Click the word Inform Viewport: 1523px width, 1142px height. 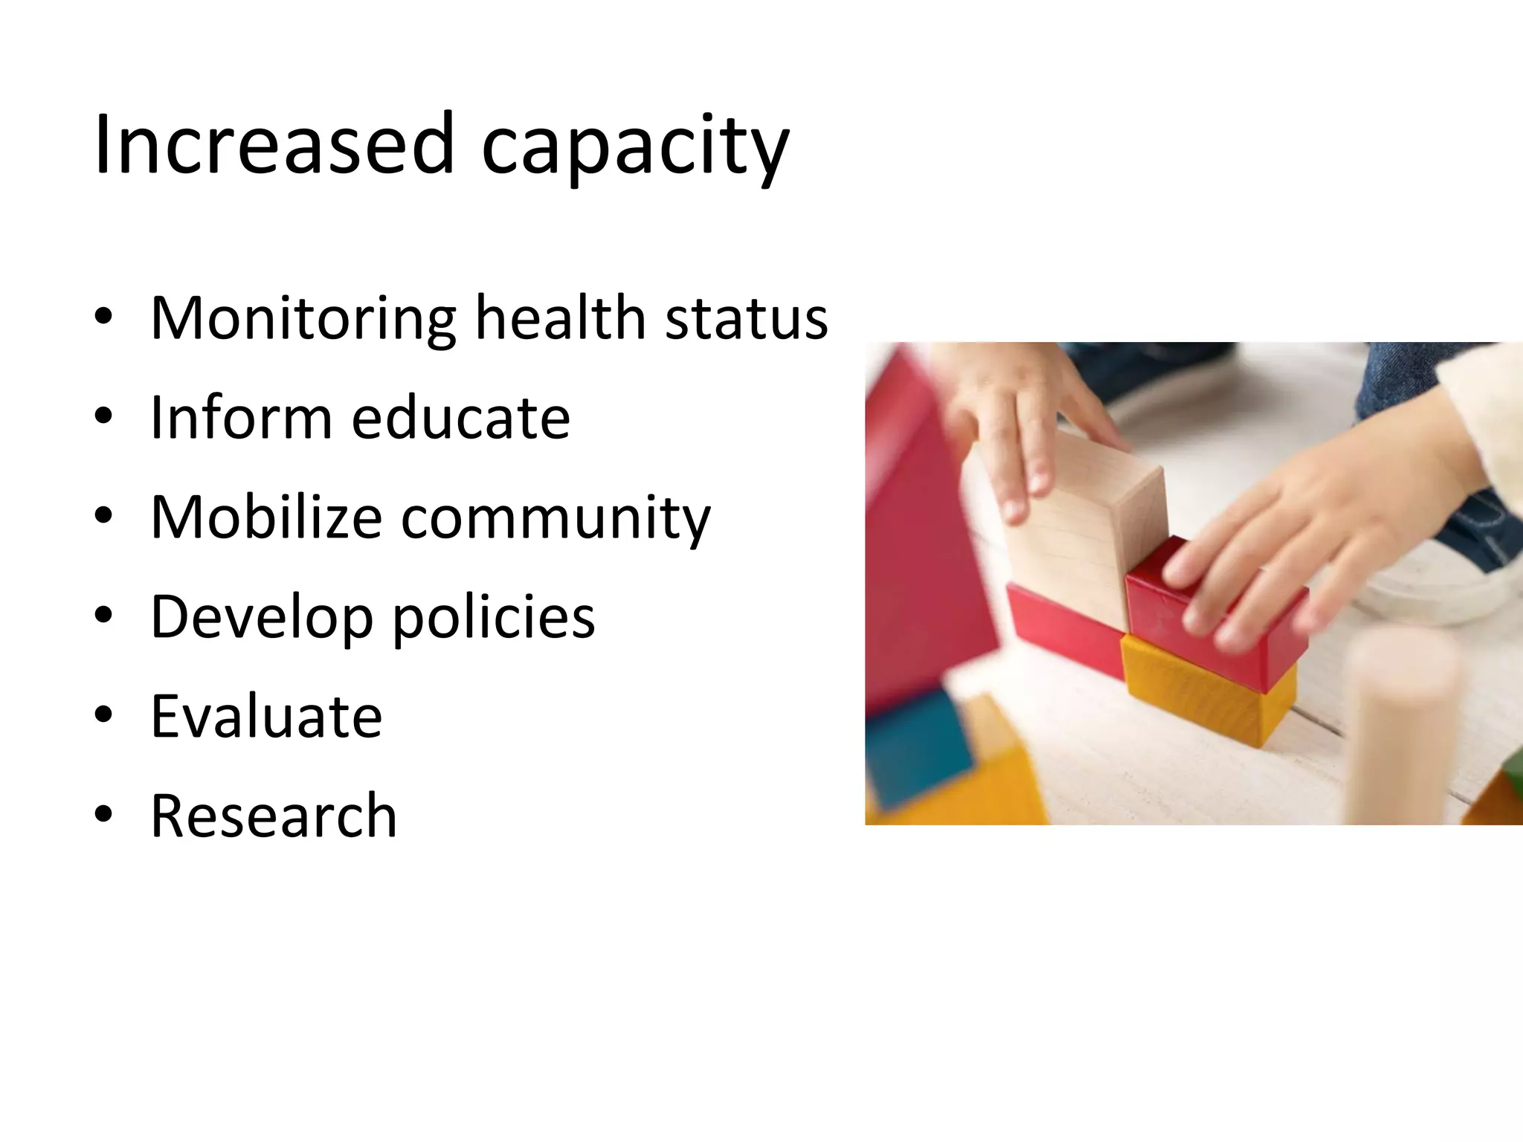click(x=241, y=417)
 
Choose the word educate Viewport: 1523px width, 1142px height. click(x=460, y=417)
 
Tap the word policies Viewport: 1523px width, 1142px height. click(x=493, y=618)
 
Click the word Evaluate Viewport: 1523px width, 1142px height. click(x=266, y=716)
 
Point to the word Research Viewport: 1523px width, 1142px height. click(x=274, y=816)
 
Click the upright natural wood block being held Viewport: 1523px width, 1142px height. click(x=1082, y=528)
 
